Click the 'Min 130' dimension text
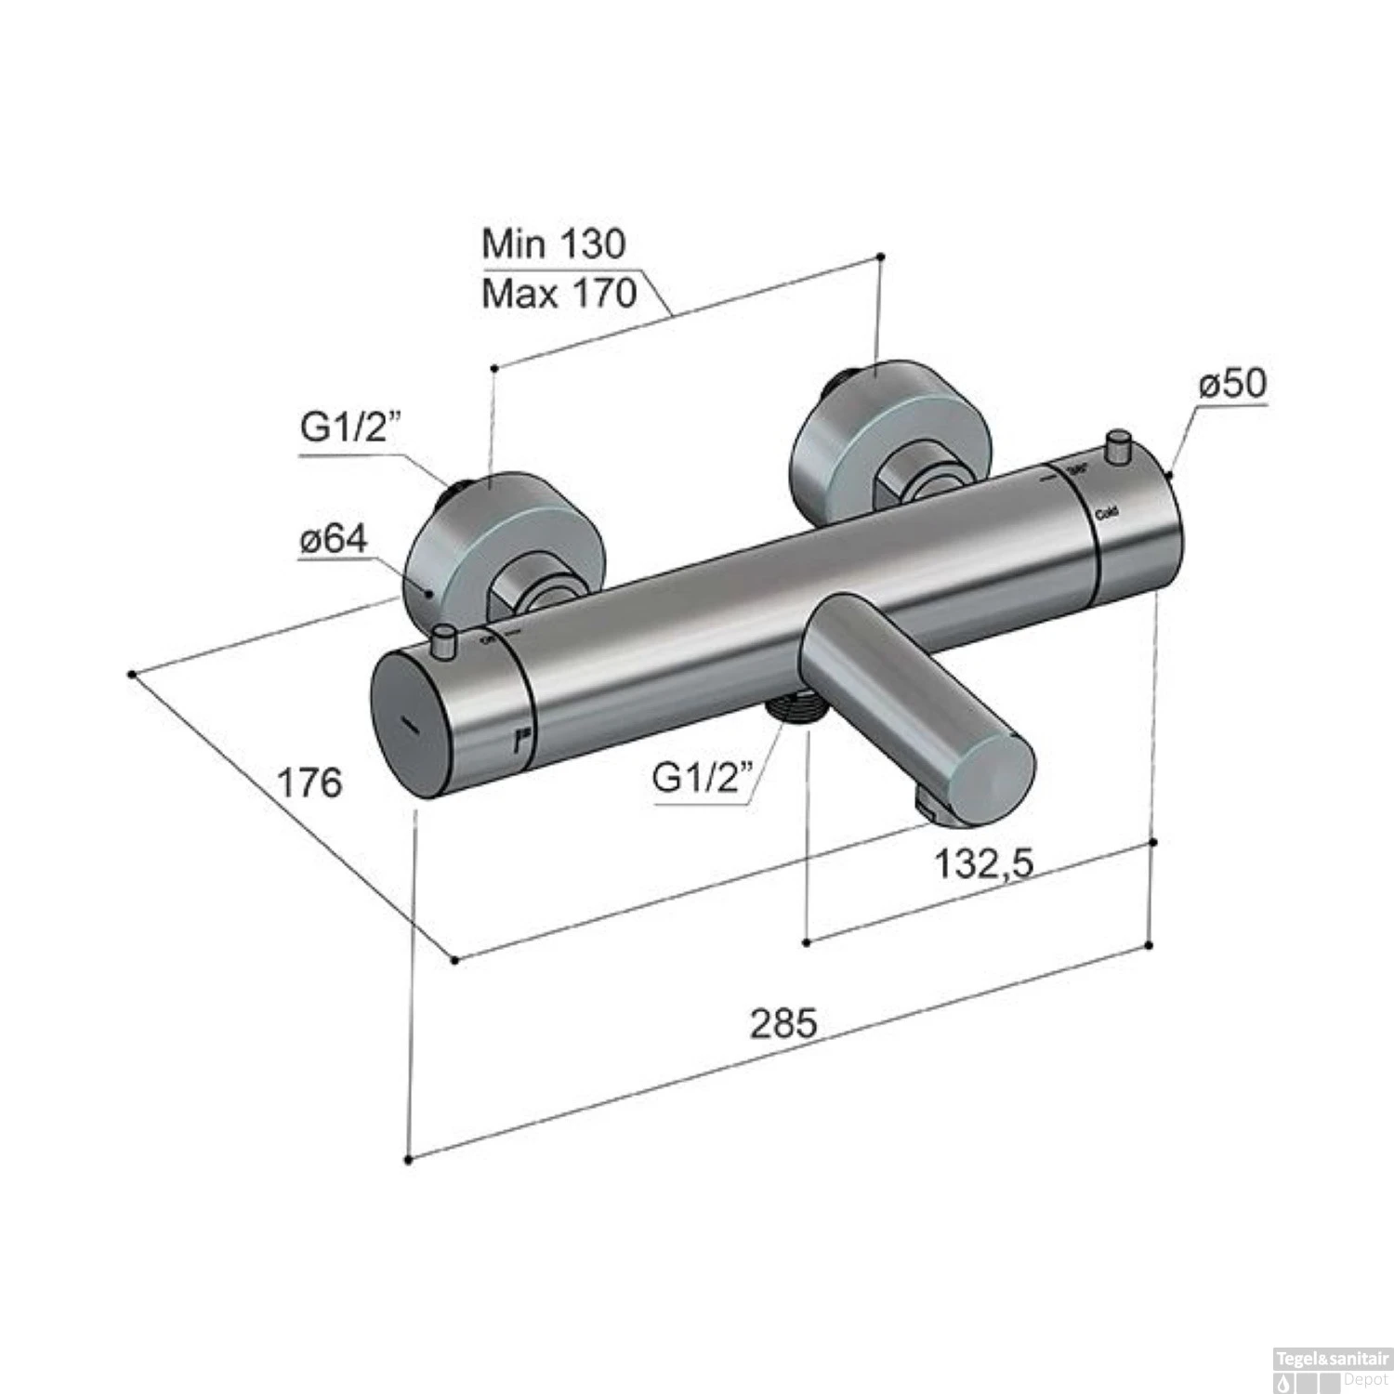coord(554,243)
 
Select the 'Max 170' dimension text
coord(559,294)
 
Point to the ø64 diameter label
coord(334,539)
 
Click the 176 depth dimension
coord(310,782)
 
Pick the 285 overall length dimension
coord(783,1023)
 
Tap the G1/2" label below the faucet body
coord(702,776)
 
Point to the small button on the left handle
coord(445,640)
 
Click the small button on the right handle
coord(1118,443)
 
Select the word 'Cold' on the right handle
coord(1106,513)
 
